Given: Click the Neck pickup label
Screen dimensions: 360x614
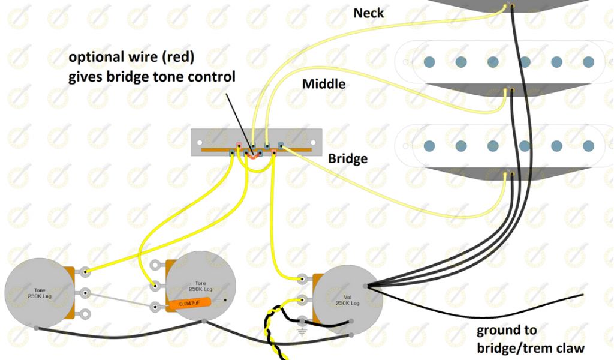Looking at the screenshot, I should pos(369,12).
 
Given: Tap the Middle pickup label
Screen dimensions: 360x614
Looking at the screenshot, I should pos(324,83).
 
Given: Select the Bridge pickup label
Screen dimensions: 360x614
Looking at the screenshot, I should pos(348,160).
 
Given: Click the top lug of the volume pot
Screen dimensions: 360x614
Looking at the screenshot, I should pos(302,279).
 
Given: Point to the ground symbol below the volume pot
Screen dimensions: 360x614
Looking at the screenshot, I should pos(301,331).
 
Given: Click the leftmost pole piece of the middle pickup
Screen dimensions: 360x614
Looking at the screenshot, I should pos(429,61).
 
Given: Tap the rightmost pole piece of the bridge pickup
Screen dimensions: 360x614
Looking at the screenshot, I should pos(589,146).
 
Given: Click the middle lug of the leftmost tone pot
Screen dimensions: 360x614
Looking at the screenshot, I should pos(86,293).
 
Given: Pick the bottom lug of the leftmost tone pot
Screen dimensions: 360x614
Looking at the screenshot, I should pos(86,313).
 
